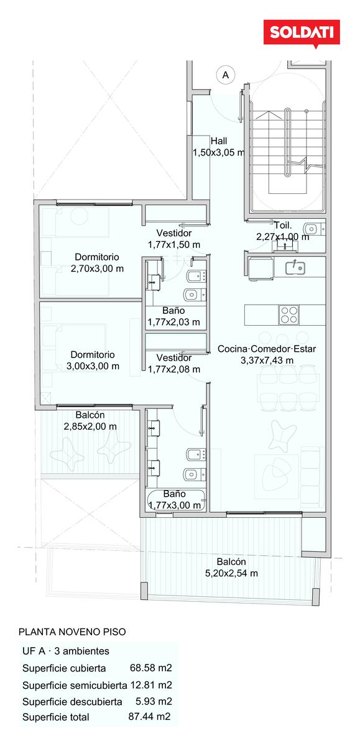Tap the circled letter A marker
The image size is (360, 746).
tap(226, 75)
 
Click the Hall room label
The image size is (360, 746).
tap(219, 141)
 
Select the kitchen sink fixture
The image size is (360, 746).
tap(295, 267)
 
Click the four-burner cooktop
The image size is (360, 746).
tap(288, 315)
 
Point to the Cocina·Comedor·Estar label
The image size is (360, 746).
tap(267, 349)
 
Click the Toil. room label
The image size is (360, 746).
tap(283, 226)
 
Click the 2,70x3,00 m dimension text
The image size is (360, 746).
tap(97, 269)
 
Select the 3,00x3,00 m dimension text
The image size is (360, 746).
tap(93, 366)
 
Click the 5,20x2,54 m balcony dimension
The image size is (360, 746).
tap(231, 573)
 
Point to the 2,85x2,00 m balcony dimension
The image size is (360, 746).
tap(90, 426)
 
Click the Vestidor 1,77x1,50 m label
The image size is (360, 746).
tap(174, 239)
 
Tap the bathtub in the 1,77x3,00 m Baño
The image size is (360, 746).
tap(175, 500)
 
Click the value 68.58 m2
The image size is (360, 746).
tap(151, 668)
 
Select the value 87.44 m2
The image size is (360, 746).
tap(149, 716)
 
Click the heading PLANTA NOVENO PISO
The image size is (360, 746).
tap(72, 632)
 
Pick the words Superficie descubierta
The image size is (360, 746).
tap(72, 702)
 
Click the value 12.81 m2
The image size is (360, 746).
tap(151, 685)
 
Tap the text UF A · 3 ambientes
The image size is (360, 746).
tap(66, 651)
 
